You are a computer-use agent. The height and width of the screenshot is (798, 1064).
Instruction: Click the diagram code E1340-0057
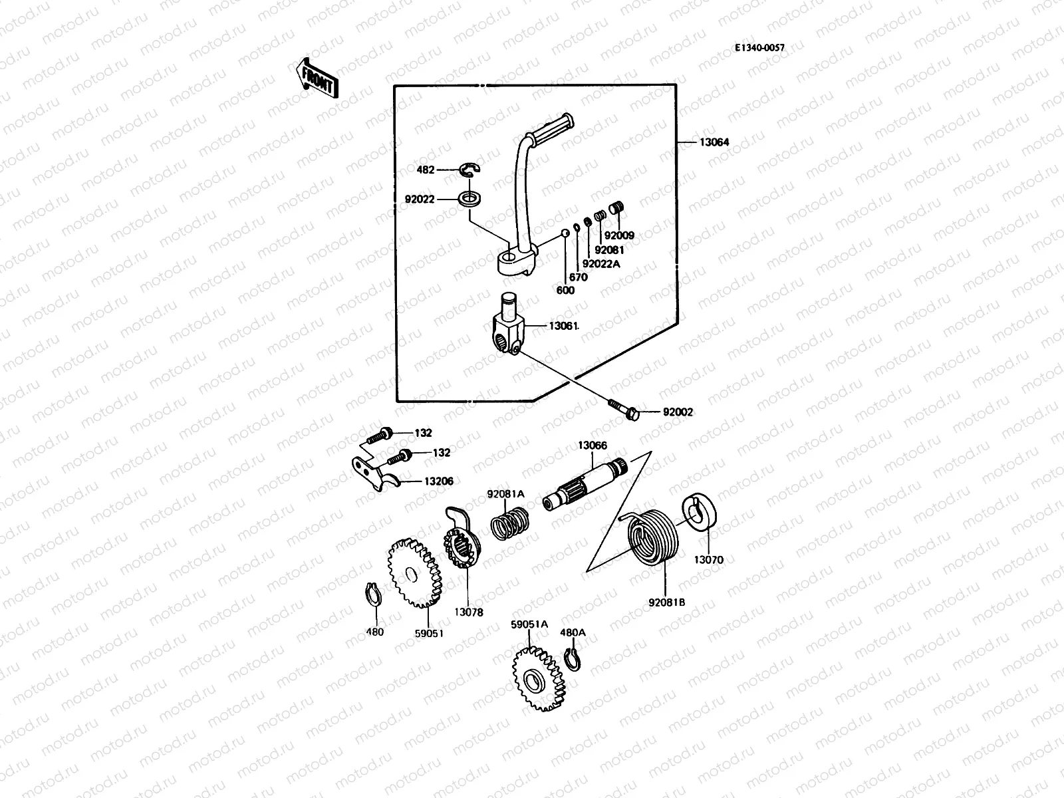(759, 48)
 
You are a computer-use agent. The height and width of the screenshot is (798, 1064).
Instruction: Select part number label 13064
(714, 142)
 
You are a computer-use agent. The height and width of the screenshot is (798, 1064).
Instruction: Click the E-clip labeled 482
(471, 170)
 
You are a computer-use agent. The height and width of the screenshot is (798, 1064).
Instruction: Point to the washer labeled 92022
(471, 198)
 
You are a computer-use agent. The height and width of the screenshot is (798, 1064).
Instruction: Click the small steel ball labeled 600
(565, 233)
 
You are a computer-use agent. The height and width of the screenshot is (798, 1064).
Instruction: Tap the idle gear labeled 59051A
(537, 680)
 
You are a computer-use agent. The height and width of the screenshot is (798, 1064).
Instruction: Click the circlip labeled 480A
(572, 662)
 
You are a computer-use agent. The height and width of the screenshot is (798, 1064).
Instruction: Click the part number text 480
(375, 632)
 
